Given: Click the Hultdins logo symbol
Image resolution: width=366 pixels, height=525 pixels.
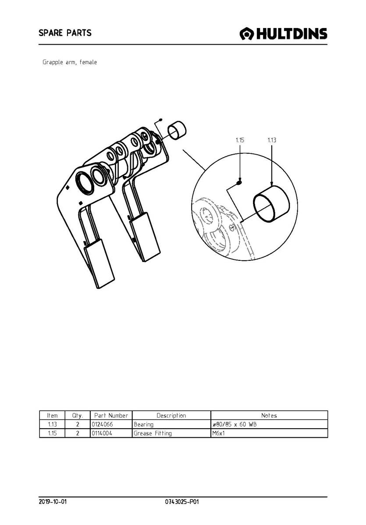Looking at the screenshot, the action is (x=247, y=34).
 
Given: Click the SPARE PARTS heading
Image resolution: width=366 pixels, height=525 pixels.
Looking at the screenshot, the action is (x=65, y=33).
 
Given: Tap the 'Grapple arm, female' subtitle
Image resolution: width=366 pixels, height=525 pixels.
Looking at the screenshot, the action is (x=70, y=62).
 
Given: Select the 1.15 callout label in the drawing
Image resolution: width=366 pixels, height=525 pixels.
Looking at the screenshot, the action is (x=240, y=140).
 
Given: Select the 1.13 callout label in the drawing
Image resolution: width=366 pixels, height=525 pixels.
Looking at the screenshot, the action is (x=272, y=140).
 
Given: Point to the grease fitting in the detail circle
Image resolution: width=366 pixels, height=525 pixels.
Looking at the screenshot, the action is (x=239, y=182).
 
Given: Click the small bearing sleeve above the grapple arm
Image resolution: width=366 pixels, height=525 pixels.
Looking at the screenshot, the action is (x=177, y=130).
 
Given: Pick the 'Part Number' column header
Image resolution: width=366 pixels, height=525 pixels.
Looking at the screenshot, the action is (x=111, y=415).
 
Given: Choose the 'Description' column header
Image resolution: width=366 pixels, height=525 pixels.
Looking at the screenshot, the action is (x=171, y=415).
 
